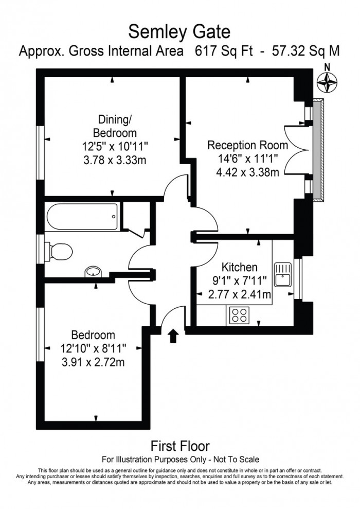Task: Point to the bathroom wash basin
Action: [x=94, y=272]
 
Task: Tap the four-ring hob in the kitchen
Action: [x=239, y=315]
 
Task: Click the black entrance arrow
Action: [x=174, y=336]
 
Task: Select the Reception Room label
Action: [x=248, y=145]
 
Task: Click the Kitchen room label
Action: [x=239, y=267]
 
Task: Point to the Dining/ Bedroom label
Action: [x=115, y=126]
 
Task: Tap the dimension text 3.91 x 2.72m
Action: [x=93, y=362]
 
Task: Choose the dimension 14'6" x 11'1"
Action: [x=248, y=159]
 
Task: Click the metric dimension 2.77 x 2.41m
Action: [x=239, y=294]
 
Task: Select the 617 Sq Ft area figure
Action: [x=224, y=51]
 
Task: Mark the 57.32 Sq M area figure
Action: [x=306, y=51]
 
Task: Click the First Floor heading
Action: [x=180, y=446]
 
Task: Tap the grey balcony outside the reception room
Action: [x=318, y=151]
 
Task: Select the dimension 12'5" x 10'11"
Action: [x=115, y=147]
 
